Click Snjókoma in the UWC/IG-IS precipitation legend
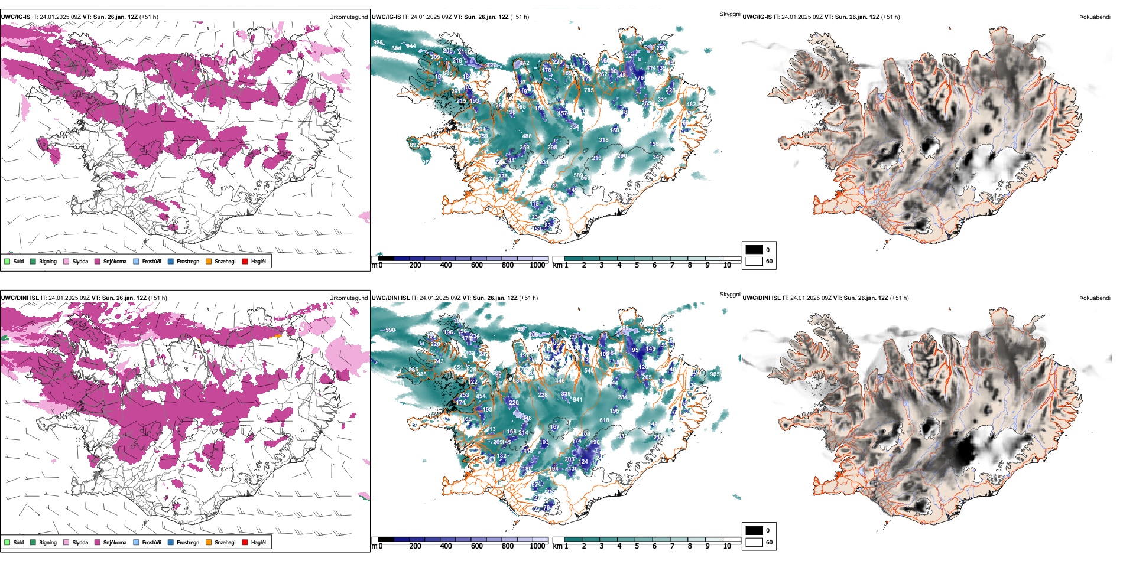[115, 262]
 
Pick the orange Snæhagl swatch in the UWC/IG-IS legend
[209, 262]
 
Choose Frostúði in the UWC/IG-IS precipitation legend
[151, 262]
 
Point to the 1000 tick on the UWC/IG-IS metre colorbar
[537, 265]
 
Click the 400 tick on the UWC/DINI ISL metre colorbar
[446, 546]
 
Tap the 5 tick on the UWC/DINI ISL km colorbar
[637, 546]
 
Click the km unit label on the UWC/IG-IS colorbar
[557, 265]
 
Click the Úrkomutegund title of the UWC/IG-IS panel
[348, 17]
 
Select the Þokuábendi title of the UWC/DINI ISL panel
[1095, 298]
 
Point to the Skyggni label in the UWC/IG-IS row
[729, 14]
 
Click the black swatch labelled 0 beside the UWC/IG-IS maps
[754, 250]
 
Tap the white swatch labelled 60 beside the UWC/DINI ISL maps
[754, 542]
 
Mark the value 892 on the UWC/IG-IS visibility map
[414, 145]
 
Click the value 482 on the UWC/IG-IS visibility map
[691, 105]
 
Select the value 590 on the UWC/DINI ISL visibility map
[390, 330]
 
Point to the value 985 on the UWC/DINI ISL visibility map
[715, 374]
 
